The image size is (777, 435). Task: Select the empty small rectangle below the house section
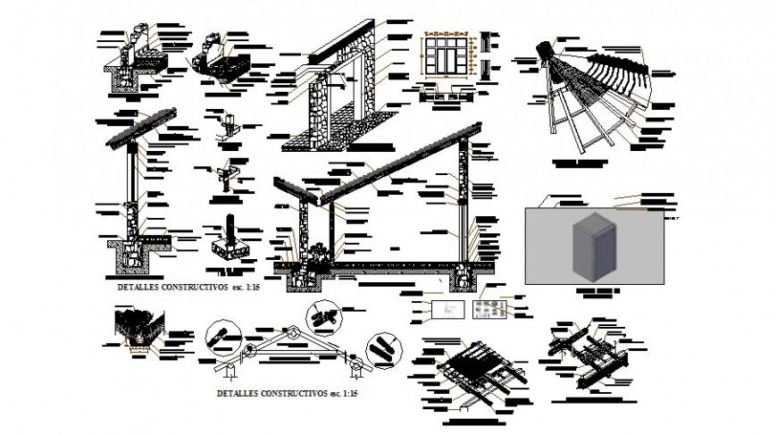pyautogui.click(x=444, y=308)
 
